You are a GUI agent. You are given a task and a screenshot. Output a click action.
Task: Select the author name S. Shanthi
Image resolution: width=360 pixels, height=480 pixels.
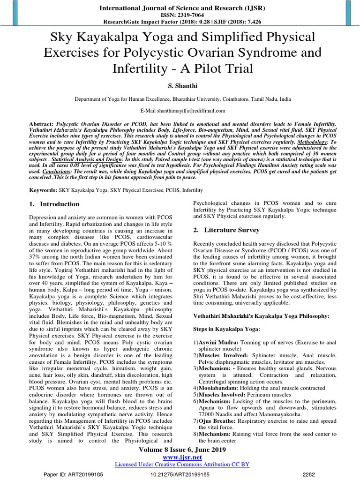pyautogui.click(x=180, y=87)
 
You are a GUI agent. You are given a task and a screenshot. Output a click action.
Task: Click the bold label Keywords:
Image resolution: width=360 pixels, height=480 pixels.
pyautogui.click(x=43, y=191)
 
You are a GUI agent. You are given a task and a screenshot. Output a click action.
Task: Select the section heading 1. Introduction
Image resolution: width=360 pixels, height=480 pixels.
pyautogui.click(x=54, y=204)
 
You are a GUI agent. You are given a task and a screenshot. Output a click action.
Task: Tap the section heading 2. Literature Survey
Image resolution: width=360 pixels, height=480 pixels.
pyautogui.click(x=226, y=230)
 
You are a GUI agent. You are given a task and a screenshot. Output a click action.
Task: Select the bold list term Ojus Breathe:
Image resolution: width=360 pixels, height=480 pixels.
pyautogui.click(x=218, y=421)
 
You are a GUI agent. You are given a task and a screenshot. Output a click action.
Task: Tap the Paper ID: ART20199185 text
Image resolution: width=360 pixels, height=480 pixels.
pyautogui.click(x=73, y=475)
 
